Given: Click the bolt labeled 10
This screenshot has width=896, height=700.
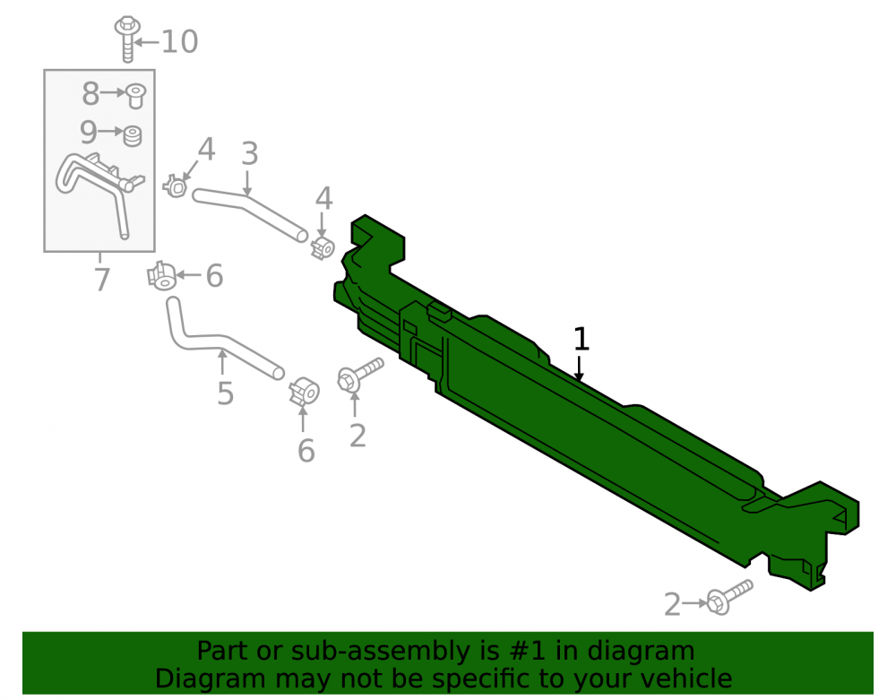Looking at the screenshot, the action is pyautogui.click(x=127, y=38).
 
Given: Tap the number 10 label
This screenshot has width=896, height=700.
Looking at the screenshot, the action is pyautogui.click(x=179, y=42).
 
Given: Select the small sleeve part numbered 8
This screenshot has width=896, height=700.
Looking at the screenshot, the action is pyautogui.click(x=136, y=95).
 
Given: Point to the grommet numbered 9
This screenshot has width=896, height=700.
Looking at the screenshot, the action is pyautogui.click(x=133, y=136).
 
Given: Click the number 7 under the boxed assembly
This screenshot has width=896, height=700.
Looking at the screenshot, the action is pyautogui.click(x=102, y=280).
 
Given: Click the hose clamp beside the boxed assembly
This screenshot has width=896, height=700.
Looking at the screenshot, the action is pyautogui.click(x=176, y=186).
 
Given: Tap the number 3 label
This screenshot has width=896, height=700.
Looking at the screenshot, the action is pyautogui.click(x=250, y=154).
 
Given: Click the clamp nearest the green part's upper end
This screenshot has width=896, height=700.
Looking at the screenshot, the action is pyautogui.click(x=323, y=247).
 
